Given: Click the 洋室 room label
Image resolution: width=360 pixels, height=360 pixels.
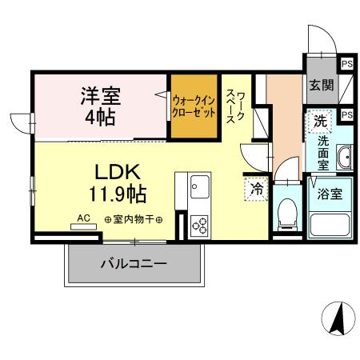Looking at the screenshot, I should point(99,94).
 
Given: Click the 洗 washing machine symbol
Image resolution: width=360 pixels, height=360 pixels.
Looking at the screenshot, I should point(319,122).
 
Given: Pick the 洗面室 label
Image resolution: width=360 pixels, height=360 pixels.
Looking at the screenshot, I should point(323,151).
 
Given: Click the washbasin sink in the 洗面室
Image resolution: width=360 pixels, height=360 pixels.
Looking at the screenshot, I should point(345,158).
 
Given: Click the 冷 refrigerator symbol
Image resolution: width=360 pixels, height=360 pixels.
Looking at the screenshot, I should point(255,190).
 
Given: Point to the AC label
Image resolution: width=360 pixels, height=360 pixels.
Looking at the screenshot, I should point(83,217).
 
